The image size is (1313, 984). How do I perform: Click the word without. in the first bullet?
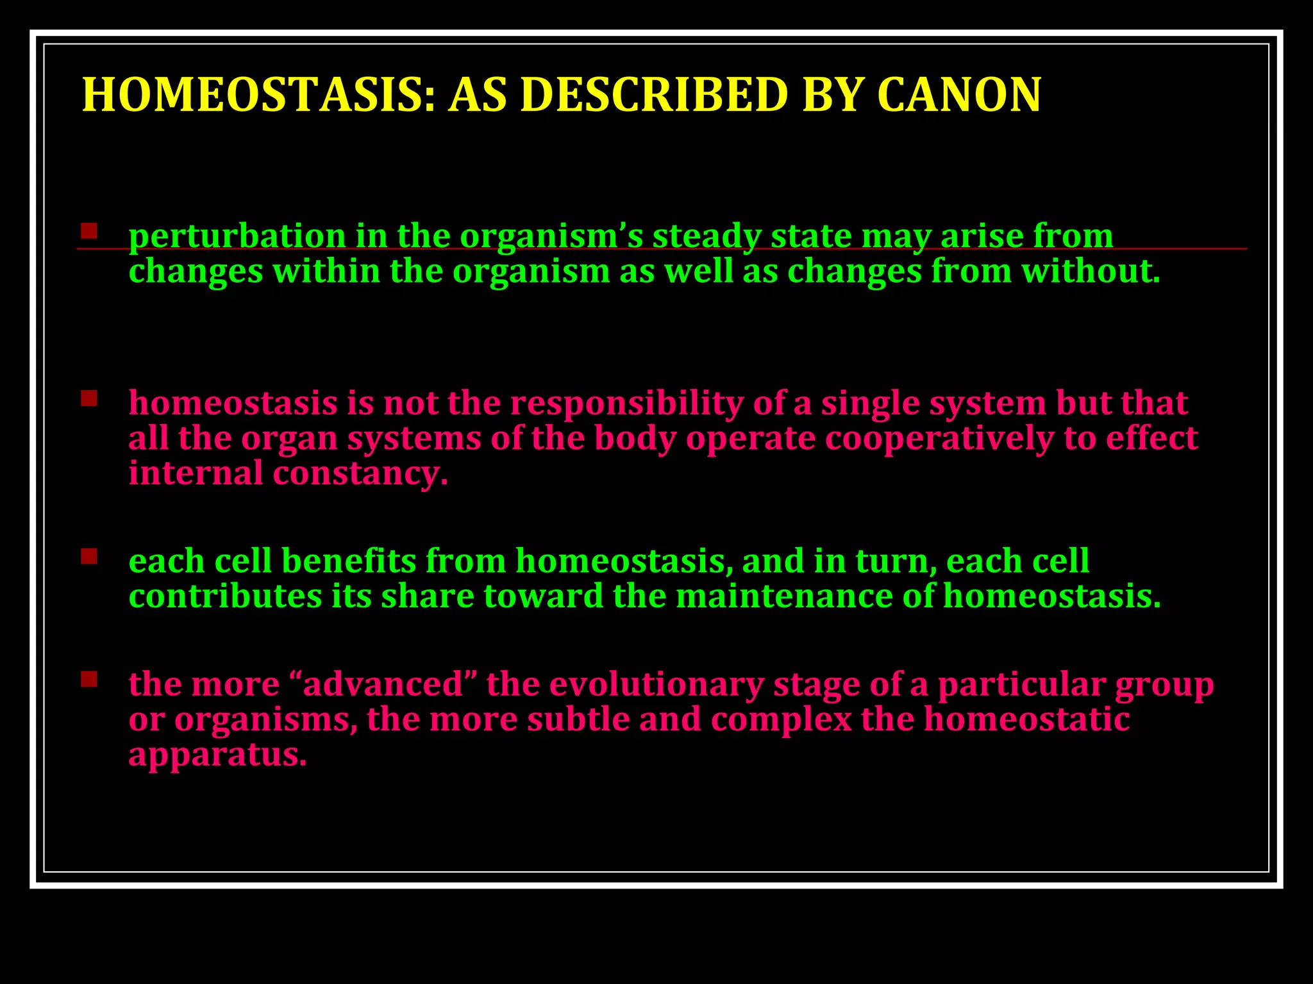(x=1091, y=270)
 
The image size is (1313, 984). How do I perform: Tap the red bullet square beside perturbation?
(x=89, y=231)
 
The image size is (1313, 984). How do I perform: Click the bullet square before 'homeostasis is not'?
(x=89, y=398)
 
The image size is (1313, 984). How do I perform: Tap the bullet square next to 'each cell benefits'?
(x=89, y=556)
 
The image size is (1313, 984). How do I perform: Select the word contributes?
(x=225, y=596)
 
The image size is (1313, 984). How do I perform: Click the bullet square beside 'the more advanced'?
(x=89, y=679)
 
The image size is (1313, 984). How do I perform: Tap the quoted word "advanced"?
(x=383, y=684)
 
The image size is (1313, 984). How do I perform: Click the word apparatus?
(x=217, y=755)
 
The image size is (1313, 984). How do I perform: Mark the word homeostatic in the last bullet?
(x=1026, y=719)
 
